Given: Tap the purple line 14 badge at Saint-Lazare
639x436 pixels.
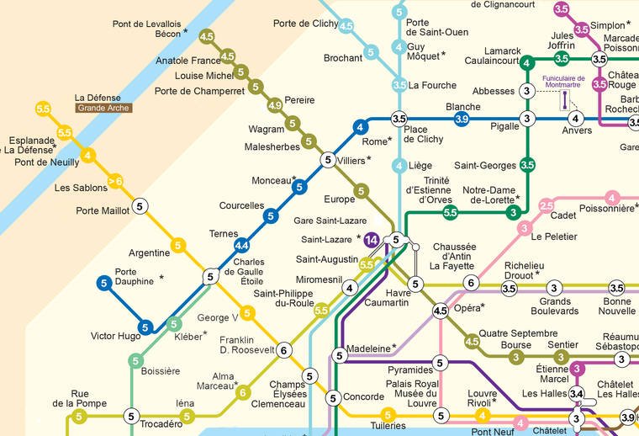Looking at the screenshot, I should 372,240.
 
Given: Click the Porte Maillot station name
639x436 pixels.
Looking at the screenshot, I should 103,210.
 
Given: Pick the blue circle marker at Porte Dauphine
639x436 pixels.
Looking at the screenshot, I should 104,284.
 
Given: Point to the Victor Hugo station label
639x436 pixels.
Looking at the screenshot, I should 116,336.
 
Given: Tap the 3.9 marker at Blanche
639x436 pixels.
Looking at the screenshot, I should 462,120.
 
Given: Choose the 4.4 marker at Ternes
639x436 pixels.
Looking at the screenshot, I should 242,246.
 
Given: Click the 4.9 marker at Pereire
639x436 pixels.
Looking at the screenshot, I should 274,105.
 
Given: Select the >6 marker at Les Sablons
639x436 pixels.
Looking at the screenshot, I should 116,180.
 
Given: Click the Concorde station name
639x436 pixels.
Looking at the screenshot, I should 365,396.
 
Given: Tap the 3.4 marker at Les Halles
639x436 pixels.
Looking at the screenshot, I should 576,394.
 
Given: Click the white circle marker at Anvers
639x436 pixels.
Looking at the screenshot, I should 576,118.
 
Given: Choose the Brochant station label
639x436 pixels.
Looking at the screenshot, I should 343,58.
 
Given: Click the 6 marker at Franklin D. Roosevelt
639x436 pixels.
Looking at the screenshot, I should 284,350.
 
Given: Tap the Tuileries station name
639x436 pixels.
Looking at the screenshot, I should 388,427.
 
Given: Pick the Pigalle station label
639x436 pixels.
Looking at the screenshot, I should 504,126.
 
